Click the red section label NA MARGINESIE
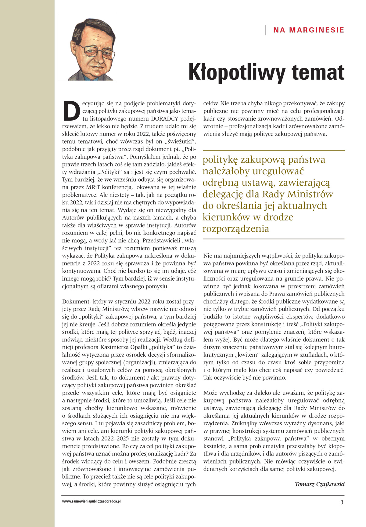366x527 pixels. pyautogui.click(x=309, y=30)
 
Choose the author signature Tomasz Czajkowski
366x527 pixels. pyautogui.click(x=320, y=484)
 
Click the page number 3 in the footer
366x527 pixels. pyautogui.click(x=342, y=502)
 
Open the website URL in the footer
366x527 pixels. pyautogui.click(x=91, y=501)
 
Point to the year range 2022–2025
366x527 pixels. pyautogui.click(x=117, y=439)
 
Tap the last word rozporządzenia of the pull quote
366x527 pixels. pyautogui.click(x=236, y=229)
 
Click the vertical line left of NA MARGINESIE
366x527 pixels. pyautogui.click(x=266, y=30)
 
